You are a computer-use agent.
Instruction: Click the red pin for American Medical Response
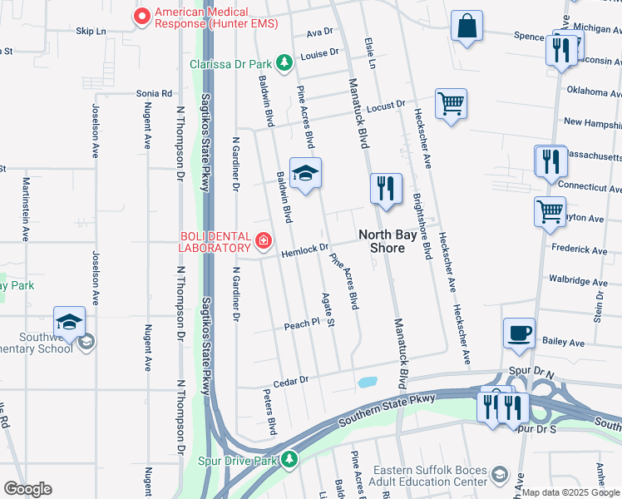point(142,14)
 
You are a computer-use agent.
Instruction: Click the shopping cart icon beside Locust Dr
point(451,104)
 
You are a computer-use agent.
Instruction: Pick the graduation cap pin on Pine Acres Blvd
point(305,173)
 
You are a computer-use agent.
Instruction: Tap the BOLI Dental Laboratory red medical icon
point(264,241)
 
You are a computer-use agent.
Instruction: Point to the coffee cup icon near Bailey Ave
point(519,333)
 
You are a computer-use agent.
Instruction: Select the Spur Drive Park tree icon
point(289,459)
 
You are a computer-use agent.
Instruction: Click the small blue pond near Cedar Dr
point(366,383)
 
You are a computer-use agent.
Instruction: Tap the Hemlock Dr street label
point(305,251)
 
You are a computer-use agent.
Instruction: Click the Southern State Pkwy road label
point(387,413)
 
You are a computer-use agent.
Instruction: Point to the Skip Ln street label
point(91,31)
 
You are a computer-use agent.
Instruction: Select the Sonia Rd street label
point(155,94)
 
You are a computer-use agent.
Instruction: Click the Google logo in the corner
point(27,489)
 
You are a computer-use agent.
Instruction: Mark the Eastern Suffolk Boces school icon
point(499,474)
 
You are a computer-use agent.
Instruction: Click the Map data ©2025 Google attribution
point(570,492)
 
